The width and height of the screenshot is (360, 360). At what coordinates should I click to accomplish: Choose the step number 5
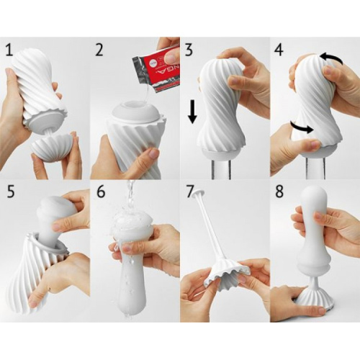pos(9,193)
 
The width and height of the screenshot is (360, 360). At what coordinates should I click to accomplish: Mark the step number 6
pos(99,193)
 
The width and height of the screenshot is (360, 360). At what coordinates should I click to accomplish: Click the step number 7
pos(189,193)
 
